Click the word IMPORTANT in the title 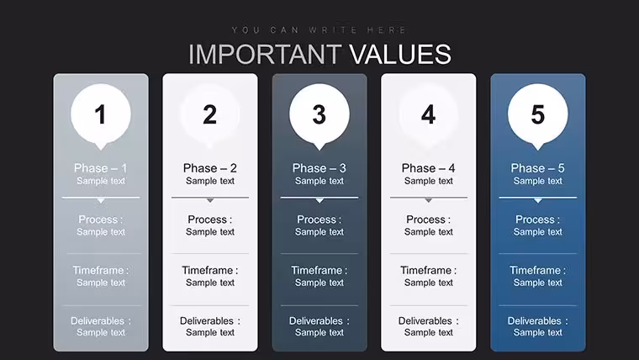[x=265, y=54]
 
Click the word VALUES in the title [x=400, y=54]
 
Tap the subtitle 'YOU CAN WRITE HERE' [x=319, y=30]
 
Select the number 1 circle [x=101, y=114]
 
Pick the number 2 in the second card [x=210, y=114]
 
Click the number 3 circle [x=319, y=114]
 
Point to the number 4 [x=428, y=114]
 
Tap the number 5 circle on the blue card [x=538, y=114]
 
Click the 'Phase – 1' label [x=101, y=168]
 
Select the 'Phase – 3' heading [x=319, y=168]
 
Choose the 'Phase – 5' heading [x=537, y=168]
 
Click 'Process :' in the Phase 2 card [x=210, y=220]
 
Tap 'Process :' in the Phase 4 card [x=428, y=220]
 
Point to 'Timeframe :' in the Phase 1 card [x=101, y=270]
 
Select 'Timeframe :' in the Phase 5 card [x=537, y=270]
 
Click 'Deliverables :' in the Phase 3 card [x=319, y=320]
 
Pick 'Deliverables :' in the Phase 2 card [x=210, y=320]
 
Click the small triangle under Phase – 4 [x=428, y=200]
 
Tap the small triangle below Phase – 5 [x=538, y=200]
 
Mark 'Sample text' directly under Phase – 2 [x=210, y=181]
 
